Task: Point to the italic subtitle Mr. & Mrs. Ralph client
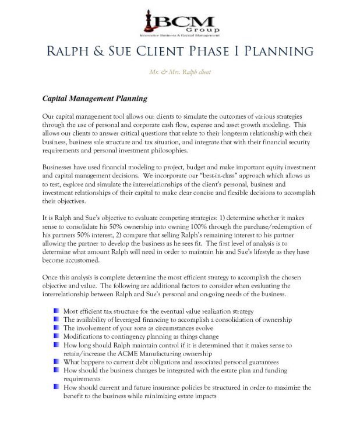pos(180,72)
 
